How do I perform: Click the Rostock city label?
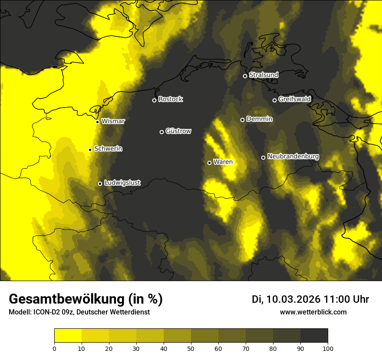[x=171, y=99]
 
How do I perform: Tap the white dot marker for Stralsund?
[x=245, y=76]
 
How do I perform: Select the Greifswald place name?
[x=294, y=99]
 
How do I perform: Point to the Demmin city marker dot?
[x=242, y=120]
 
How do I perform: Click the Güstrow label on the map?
[x=178, y=131]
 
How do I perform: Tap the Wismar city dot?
[x=97, y=122]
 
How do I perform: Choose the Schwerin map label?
[x=108, y=149]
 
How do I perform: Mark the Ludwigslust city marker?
[x=100, y=183]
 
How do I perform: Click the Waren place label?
[x=223, y=162]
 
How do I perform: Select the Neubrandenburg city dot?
[x=263, y=157]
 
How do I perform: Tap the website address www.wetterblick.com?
[x=313, y=312]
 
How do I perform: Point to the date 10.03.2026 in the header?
[x=293, y=299]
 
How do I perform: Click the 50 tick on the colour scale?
[x=191, y=348]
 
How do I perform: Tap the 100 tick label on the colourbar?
[x=328, y=348]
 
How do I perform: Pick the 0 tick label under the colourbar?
[x=54, y=348]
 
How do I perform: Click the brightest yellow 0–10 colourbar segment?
[x=68, y=336]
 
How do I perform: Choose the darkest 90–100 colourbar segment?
[x=314, y=336]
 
